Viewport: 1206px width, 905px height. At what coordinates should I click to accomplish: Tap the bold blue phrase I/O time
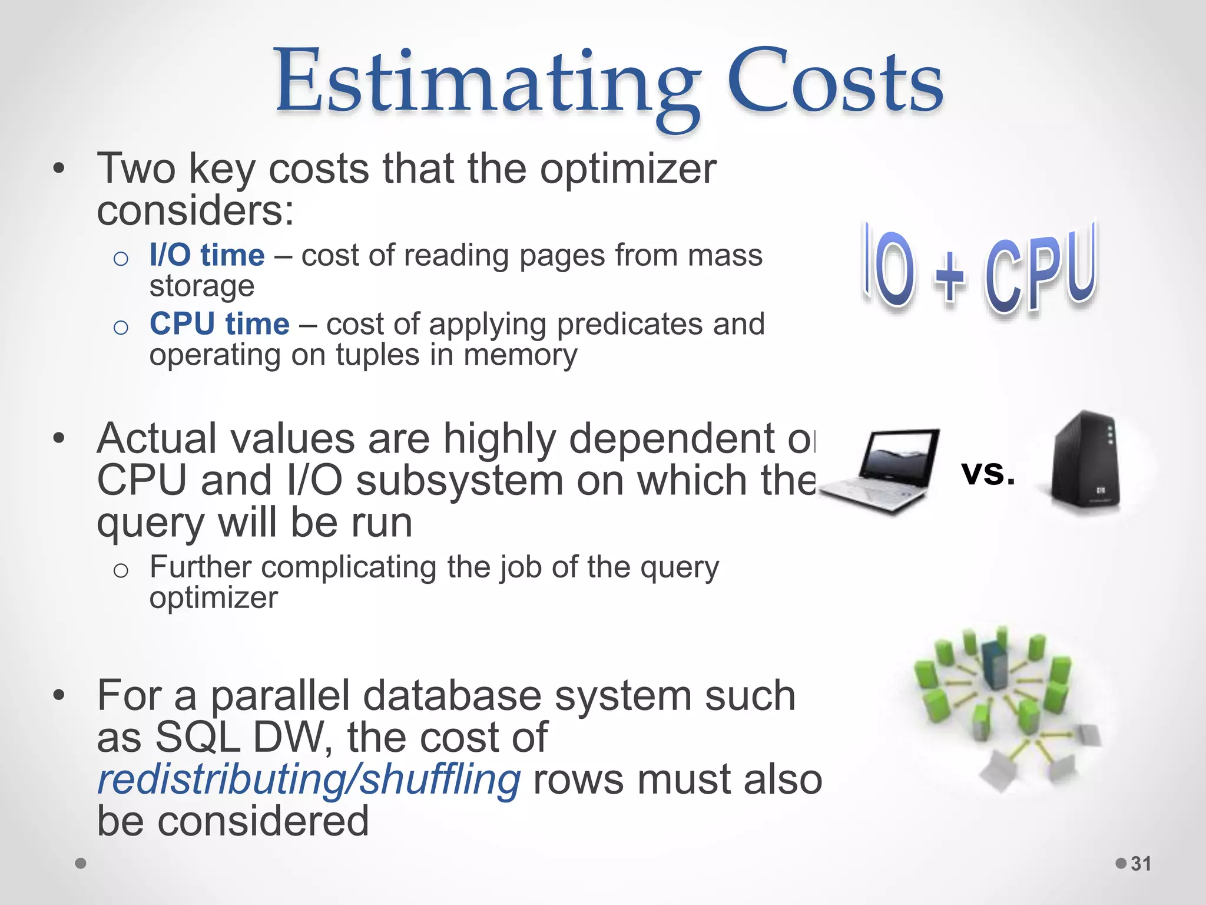tap(207, 256)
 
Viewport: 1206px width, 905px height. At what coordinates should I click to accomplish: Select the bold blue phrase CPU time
tap(219, 324)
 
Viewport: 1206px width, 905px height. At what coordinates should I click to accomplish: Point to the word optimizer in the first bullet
tap(628, 170)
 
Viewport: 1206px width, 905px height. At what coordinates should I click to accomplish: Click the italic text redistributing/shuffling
tap(309, 779)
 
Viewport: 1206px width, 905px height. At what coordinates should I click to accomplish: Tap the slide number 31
tap(1141, 864)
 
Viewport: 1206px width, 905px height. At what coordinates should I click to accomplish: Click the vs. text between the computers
tap(988, 473)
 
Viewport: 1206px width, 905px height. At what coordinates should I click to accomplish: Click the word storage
tap(201, 286)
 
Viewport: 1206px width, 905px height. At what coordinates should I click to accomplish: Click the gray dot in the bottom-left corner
tap(81, 863)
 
